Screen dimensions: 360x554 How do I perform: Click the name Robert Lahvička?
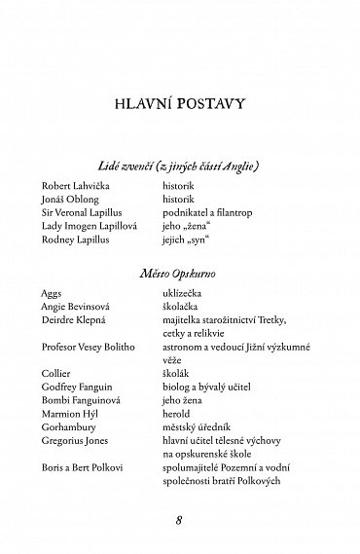[77, 182]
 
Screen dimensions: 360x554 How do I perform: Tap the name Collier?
[57, 370]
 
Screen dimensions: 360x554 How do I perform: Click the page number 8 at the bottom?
[179, 516]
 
